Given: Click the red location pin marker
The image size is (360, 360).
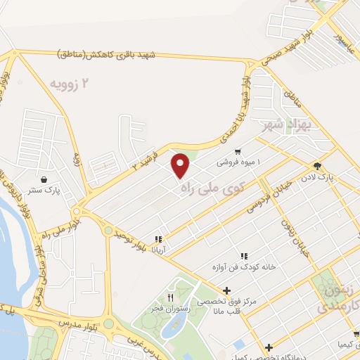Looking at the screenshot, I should pos(181,165).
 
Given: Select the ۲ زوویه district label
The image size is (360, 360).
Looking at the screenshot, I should pos(71,84).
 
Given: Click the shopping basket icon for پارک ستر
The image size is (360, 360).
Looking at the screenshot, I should pos(45,179).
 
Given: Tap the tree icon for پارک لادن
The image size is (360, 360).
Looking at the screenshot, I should pos(317,167).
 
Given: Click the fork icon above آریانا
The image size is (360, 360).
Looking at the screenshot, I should pos(159,239).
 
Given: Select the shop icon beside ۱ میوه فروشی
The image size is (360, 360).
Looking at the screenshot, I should pos(238,152).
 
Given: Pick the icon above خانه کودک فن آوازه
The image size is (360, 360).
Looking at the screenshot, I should pos(243,257).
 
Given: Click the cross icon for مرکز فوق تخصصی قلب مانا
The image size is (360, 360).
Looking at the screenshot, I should pos(226,290).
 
